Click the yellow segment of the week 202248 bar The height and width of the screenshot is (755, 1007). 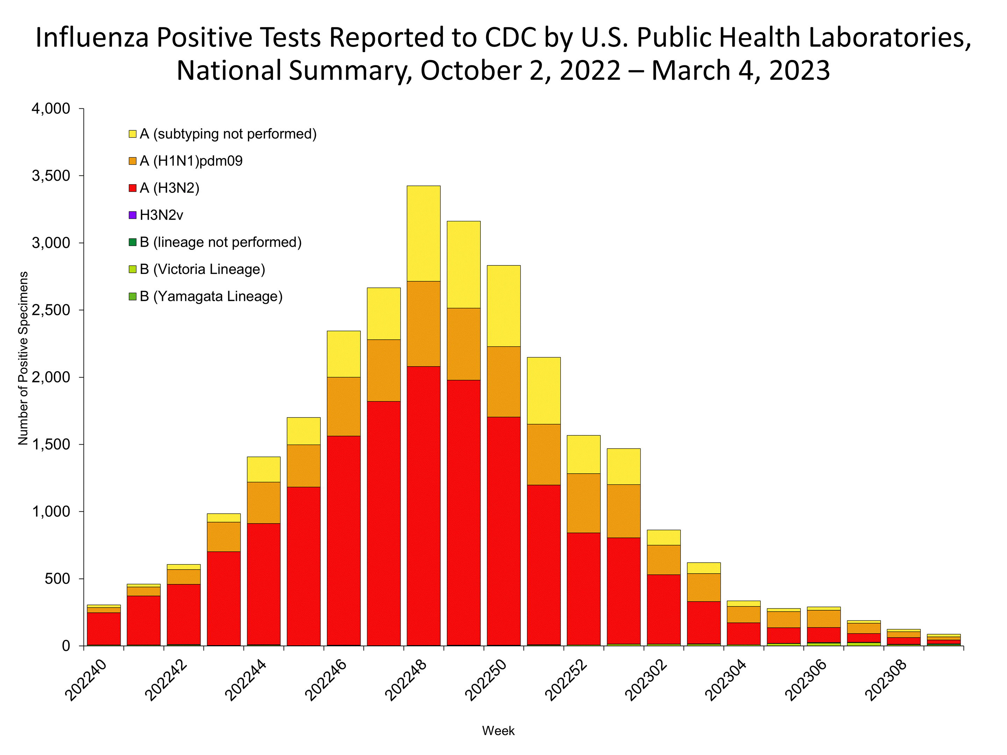click(x=423, y=233)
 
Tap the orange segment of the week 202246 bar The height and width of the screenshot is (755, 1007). click(x=344, y=407)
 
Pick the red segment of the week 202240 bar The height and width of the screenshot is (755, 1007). click(x=104, y=628)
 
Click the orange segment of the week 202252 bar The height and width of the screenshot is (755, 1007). click(x=584, y=503)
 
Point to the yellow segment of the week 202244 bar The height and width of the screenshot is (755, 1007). click(x=264, y=469)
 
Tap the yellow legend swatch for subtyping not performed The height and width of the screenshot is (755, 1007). click(x=133, y=134)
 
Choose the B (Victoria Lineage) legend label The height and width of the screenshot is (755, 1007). click(x=202, y=269)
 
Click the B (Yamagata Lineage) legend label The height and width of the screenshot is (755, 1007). click(x=211, y=296)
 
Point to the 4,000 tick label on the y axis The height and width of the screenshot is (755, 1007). click(x=51, y=109)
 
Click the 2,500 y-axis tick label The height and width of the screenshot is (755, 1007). click(x=51, y=310)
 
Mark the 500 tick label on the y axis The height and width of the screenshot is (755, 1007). click(x=57, y=579)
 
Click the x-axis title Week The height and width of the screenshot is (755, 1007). click(x=498, y=731)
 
